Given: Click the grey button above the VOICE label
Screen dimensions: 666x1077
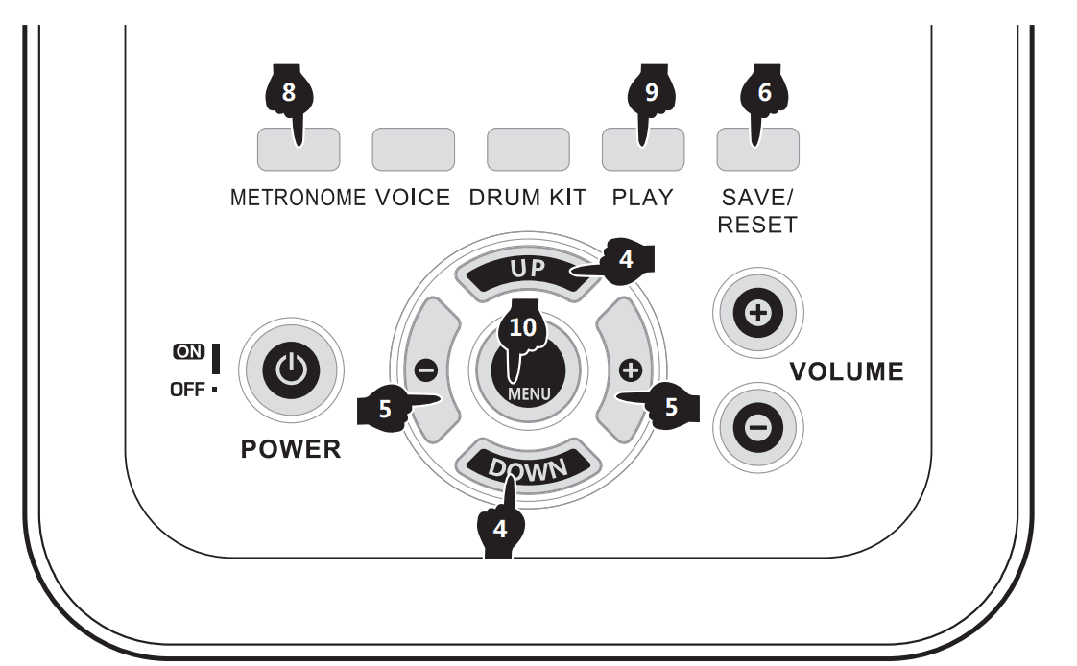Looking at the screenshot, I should pyautogui.click(x=413, y=149).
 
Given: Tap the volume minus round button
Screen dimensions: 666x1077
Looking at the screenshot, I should pyautogui.click(x=757, y=428).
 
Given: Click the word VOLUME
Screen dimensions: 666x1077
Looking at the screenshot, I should pyautogui.click(x=846, y=372).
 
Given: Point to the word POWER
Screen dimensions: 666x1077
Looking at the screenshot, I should pyautogui.click(x=291, y=450).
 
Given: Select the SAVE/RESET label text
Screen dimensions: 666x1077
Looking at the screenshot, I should pyautogui.click(x=758, y=211).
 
